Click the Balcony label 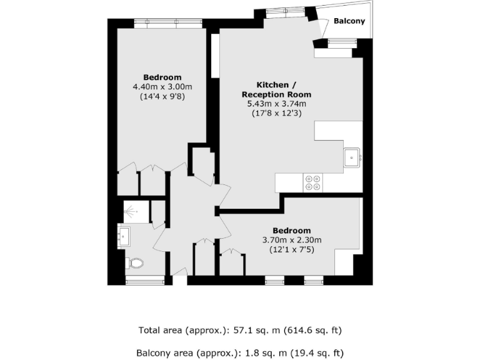tap(349, 21)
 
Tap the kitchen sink tap(352, 157)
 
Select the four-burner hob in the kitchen tap(312, 182)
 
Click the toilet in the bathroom tap(134, 263)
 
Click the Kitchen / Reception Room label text tap(276, 89)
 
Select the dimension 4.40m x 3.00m tap(162, 87)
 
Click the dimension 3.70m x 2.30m tap(291, 240)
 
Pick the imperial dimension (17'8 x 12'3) tap(276, 114)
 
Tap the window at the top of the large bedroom tap(169, 22)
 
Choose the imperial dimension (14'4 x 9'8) tap(162, 97)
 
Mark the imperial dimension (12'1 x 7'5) tap(291, 250)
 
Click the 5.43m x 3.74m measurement tap(276, 104)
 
